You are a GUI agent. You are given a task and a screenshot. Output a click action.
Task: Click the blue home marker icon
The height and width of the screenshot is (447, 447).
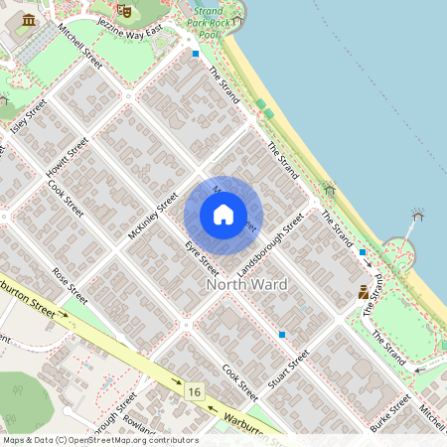tap(223, 214)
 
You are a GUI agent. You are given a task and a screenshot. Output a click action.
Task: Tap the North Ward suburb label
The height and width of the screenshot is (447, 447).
tap(246, 285)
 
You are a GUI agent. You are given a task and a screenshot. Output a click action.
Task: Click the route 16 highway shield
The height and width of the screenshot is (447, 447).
tap(193, 393)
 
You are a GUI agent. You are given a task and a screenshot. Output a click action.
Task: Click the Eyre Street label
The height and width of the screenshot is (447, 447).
tap(201, 255)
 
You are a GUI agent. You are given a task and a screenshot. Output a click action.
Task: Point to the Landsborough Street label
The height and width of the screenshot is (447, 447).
tap(269, 242)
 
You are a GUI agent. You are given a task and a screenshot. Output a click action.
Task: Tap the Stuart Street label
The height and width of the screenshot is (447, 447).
tap(288, 368)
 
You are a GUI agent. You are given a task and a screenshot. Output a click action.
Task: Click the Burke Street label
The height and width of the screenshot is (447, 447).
tap(388, 413)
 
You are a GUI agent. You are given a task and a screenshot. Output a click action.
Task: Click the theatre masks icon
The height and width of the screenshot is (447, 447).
tap(124, 10)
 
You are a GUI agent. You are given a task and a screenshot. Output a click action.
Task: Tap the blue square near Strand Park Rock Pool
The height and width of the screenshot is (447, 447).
tap(196, 54)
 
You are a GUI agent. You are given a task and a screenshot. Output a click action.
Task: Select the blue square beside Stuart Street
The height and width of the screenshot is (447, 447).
tap(283, 335)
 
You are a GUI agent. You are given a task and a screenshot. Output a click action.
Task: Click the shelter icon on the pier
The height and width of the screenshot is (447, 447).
tap(418, 215)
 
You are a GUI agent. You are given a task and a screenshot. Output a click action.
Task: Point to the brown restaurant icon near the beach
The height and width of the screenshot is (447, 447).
tap(364, 292)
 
